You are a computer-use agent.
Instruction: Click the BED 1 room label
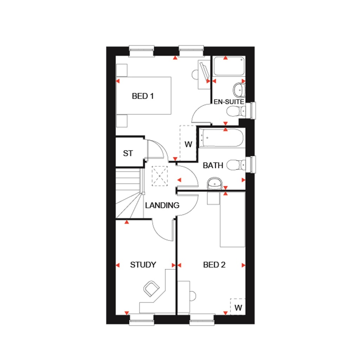(x=143, y=96)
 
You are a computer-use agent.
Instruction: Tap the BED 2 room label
(x=214, y=265)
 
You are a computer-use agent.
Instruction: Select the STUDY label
(x=143, y=265)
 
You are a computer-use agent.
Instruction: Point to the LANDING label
(x=162, y=205)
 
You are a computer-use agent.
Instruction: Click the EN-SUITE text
(x=229, y=102)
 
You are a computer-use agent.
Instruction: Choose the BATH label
(x=213, y=165)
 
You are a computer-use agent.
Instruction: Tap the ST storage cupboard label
(x=128, y=153)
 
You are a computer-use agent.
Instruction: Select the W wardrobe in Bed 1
(x=188, y=144)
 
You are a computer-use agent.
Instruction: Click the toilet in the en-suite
(x=235, y=111)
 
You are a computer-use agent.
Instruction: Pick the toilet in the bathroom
(x=236, y=165)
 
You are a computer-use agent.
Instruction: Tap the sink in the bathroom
(x=214, y=183)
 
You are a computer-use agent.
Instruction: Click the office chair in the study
(x=152, y=288)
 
